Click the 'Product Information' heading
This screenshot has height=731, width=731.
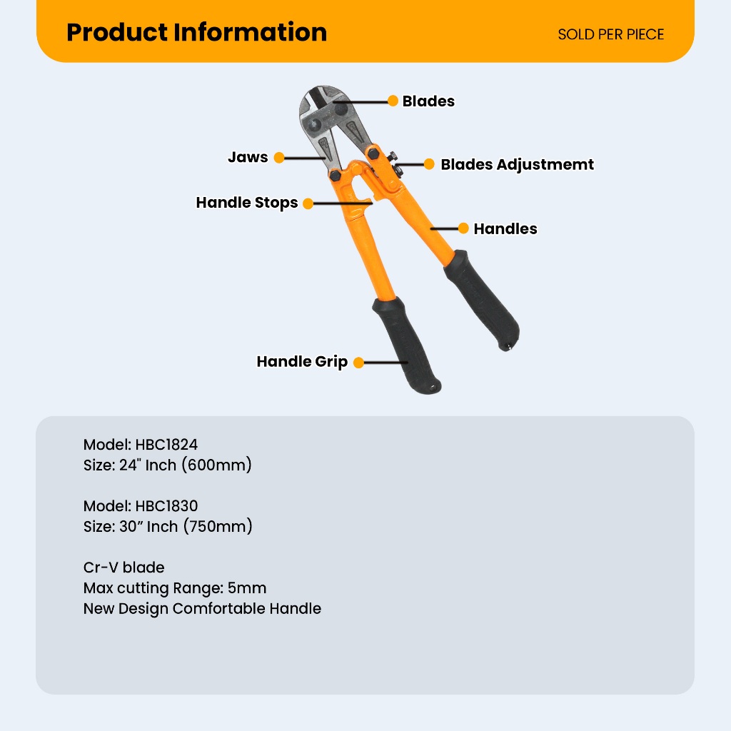point(196,32)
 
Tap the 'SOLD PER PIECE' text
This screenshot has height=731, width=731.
point(610,34)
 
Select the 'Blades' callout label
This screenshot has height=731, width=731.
point(428,101)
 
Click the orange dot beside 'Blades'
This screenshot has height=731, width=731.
point(393,101)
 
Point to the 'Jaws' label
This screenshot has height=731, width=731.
point(248,157)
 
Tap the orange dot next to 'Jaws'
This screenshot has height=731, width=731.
point(279,158)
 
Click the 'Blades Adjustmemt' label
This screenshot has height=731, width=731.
point(517,164)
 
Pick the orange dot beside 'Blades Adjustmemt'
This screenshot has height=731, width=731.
point(429,164)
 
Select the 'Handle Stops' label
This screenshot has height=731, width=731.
point(247,203)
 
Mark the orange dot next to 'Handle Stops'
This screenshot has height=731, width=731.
point(308,203)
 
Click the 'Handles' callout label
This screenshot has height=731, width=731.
point(505,228)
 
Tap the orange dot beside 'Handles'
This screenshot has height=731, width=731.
point(463,228)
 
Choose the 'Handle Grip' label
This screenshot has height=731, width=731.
point(302,362)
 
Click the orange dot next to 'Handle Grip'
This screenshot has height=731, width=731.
point(358,363)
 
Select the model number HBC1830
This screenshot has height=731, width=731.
point(166,507)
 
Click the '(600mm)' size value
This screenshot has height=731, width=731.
point(216,465)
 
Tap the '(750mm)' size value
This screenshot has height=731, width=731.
point(217,527)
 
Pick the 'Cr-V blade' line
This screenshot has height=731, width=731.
point(123,568)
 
